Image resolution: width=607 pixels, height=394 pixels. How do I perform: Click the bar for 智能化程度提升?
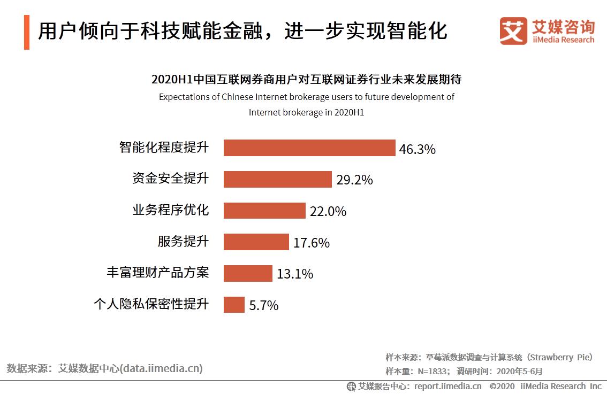[309, 148]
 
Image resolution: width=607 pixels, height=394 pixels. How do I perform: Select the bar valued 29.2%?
[277, 180]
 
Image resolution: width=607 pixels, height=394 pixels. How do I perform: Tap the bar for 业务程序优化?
[264, 211]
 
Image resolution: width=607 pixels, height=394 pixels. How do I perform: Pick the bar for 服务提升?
[256, 242]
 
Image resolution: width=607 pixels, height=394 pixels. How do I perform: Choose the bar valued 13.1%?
[248, 274]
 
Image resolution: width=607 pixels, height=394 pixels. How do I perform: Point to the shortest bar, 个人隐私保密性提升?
[234, 305]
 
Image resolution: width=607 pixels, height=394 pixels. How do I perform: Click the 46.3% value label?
[417, 149]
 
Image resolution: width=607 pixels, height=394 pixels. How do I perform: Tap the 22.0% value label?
[328, 212]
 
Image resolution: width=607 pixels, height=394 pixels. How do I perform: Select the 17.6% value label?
[311, 243]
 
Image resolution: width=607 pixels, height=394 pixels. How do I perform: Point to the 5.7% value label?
[263, 306]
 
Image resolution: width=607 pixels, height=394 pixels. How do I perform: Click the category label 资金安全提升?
[170, 179]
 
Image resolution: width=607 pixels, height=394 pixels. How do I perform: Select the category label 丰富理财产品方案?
[157, 273]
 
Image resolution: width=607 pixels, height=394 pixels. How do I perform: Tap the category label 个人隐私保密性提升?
[151, 304]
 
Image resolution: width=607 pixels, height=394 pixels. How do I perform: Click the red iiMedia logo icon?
[513, 31]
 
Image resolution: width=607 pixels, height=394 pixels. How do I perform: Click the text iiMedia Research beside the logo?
[563, 40]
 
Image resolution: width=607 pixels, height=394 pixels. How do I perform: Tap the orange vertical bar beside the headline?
[27, 32]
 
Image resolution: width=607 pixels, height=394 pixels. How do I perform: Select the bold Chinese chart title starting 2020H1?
[306, 80]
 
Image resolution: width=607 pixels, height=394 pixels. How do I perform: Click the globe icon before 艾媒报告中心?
[351, 386]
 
